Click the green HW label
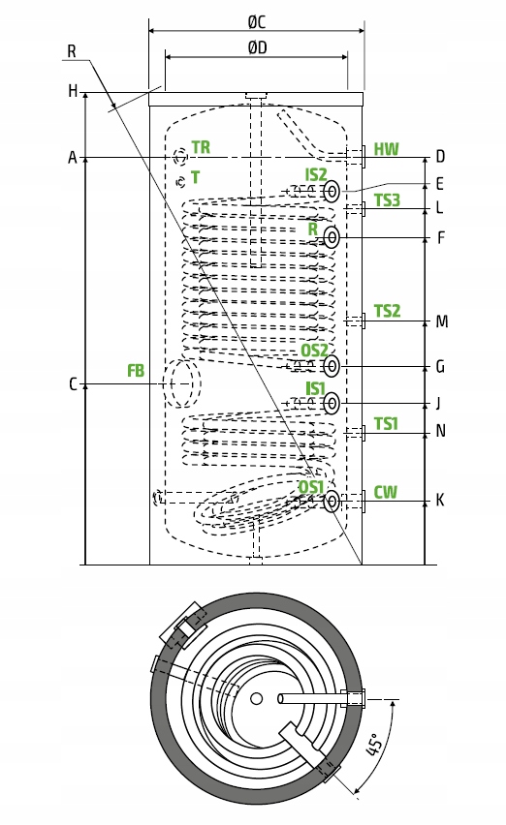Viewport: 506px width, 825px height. click(x=387, y=149)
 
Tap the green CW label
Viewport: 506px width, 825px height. click(x=386, y=492)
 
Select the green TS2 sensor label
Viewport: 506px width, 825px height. click(x=387, y=311)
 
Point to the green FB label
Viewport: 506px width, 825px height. click(x=136, y=371)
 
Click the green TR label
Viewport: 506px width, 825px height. click(x=201, y=147)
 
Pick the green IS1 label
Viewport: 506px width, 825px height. click(x=315, y=388)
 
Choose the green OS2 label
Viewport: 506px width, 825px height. click(x=314, y=350)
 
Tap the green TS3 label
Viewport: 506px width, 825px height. click(x=387, y=199)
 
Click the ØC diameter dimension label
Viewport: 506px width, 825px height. click(x=257, y=22)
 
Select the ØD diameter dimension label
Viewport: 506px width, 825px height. click(x=258, y=47)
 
